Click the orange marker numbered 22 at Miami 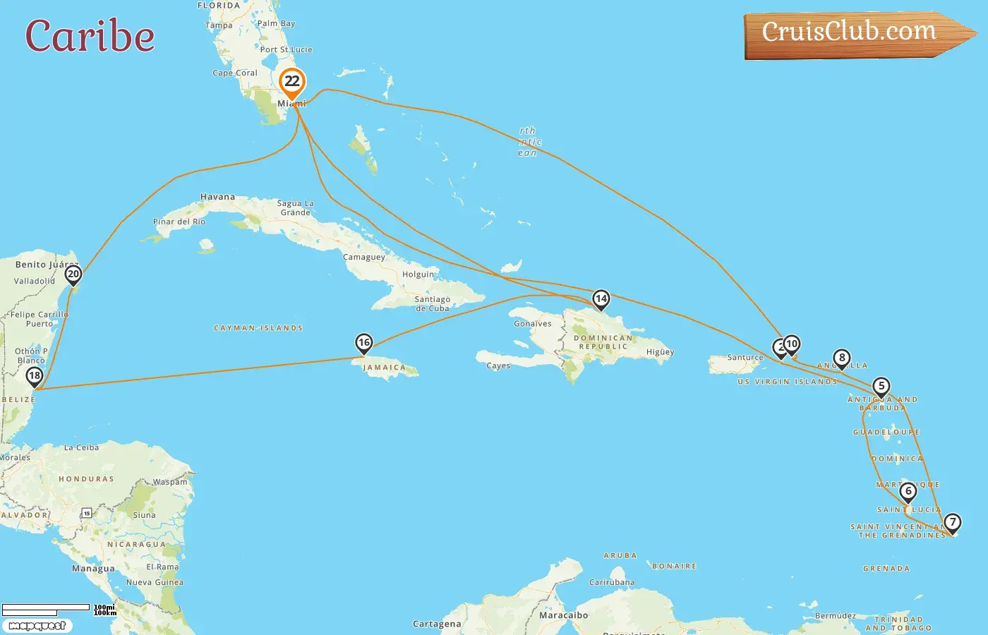pos(291,82)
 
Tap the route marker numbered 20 pos(73,274)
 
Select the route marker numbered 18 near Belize pos(35,376)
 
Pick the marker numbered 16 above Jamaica pos(363,344)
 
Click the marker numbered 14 pos(601,299)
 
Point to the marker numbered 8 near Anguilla pos(841,358)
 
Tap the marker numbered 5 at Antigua pos(881,387)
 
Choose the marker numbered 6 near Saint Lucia pos(908,492)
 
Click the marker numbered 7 pos(953,523)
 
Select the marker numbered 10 pos(792,344)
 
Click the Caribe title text pos(90,37)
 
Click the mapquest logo pos(37,626)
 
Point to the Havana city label pos(217,197)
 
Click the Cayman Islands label pos(258,328)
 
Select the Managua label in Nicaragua pos(93,569)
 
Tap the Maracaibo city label pos(563,615)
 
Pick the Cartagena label pos(437,624)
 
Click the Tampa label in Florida pos(219,25)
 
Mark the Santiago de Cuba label pos(432,304)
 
